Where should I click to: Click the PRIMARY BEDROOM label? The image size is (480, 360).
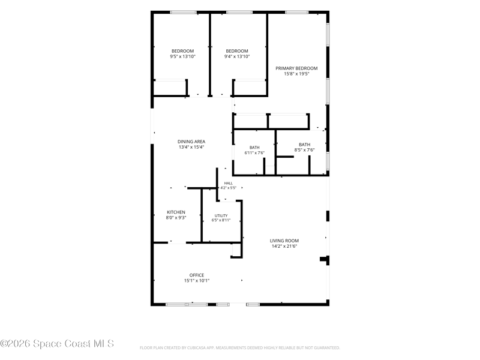click(x=296, y=68)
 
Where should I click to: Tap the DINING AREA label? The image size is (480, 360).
click(x=191, y=142)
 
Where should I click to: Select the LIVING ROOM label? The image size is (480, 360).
click(x=284, y=241)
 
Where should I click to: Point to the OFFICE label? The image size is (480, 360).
click(x=197, y=275)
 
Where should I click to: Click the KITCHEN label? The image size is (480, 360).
click(x=176, y=212)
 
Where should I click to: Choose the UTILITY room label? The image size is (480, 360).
click(x=221, y=215)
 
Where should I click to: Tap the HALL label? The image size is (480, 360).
click(x=229, y=183)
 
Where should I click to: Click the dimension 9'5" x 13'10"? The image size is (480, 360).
click(x=183, y=56)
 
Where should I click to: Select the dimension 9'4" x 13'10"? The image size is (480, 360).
click(x=237, y=56)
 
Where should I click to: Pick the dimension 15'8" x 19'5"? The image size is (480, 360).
click(x=296, y=74)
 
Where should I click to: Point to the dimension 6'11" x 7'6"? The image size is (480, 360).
click(x=254, y=153)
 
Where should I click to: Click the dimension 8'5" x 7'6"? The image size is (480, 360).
click(x=304, y=150)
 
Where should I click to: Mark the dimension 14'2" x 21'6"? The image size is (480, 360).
click(x=284, y=246)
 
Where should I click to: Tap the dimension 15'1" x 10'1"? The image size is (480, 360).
click(x=197, y=280)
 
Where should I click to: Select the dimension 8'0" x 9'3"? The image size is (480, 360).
click(x=176, y=218)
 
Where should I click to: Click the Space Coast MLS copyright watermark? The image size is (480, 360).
click(x=57, y=344)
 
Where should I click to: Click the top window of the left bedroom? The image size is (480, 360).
click(x=183, y=12)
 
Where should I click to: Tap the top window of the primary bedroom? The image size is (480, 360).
click(x=296, y=12)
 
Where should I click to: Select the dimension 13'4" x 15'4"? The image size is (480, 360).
click(x=191, y=147)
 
